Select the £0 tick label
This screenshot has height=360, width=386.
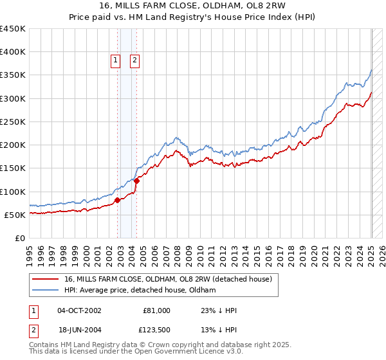20,239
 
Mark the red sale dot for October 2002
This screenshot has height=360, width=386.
118,201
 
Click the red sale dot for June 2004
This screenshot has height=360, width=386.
137,181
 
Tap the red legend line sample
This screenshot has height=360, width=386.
45,279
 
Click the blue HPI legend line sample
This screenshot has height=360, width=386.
45,290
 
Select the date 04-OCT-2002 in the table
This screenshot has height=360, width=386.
79,310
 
